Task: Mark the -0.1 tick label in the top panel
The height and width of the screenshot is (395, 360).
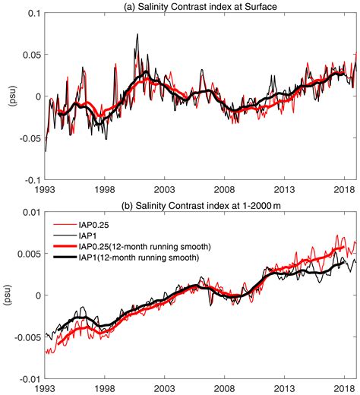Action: click(x=33, y=180)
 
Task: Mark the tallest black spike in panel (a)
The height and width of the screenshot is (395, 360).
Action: click(x=137, y=34)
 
